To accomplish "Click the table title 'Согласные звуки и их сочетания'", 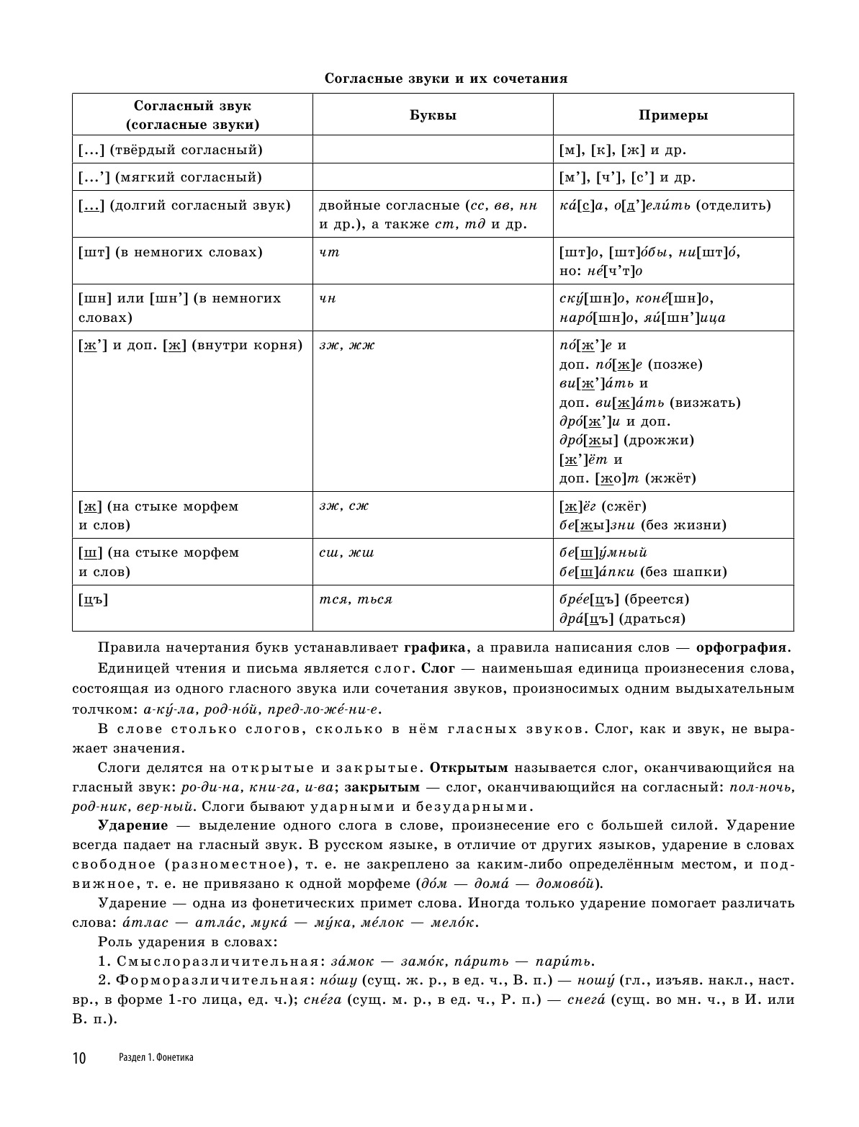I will pos(446,78).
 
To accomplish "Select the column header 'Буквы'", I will pos(433,115).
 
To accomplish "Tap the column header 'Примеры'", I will pos(673,115).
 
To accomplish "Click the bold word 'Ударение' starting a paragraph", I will pos(132,825).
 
